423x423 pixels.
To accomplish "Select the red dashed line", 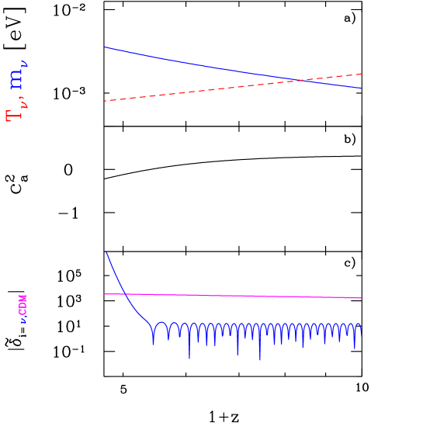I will click(194, 91).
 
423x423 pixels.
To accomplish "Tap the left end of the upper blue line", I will click(105, 47).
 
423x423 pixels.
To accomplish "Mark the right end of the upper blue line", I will click(361, 88).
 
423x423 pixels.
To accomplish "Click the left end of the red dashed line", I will click(105, 101).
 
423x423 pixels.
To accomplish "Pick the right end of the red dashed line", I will click(361, 74).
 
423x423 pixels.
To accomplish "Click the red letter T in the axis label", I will click(14, 116).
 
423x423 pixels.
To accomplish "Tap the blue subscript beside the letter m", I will click(24, 64).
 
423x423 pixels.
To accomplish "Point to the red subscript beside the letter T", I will click(23, 102).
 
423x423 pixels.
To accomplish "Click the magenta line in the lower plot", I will click(233, 296).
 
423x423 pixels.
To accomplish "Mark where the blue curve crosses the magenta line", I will click(126, 294).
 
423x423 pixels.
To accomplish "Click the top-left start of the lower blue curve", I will click(106, 253).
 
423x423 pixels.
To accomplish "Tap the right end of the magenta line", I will click(361, 298).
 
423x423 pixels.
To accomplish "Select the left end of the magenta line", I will click(105, 294).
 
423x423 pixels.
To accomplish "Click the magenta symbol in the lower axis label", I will click(23, 305).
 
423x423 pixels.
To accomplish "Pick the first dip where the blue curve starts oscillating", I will click(153, 342).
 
